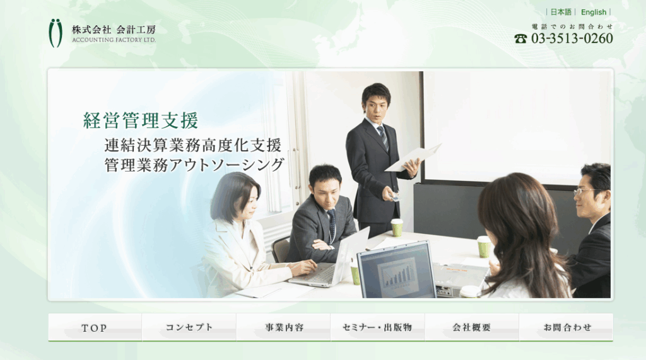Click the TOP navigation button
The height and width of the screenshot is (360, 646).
click(95, 327)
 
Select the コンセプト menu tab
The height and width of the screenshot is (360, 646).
click(189, 327)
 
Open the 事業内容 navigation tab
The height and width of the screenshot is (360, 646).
click(283, 327)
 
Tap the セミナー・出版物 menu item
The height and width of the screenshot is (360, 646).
click(378, 327)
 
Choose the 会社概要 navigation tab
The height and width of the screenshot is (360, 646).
click(472, 327)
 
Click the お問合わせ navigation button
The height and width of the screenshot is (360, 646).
click(567, 327)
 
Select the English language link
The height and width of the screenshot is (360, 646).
click(594, 13)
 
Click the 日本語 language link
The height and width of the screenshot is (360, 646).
click(561, 13)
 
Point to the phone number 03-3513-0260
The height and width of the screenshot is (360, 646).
click(572, 38)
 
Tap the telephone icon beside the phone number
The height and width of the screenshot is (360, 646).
click(520, 38)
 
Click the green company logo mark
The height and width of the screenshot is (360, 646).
click(56, 33)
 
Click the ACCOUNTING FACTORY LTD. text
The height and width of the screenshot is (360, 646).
click(114, 40)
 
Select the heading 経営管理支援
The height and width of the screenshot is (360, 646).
click(141, 120)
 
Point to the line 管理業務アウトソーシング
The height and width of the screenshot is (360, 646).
click(194, 165)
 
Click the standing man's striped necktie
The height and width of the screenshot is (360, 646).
click(384, 138)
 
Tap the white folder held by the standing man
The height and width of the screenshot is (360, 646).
click(413, 158)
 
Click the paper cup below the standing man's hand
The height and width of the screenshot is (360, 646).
click(396, 228)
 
